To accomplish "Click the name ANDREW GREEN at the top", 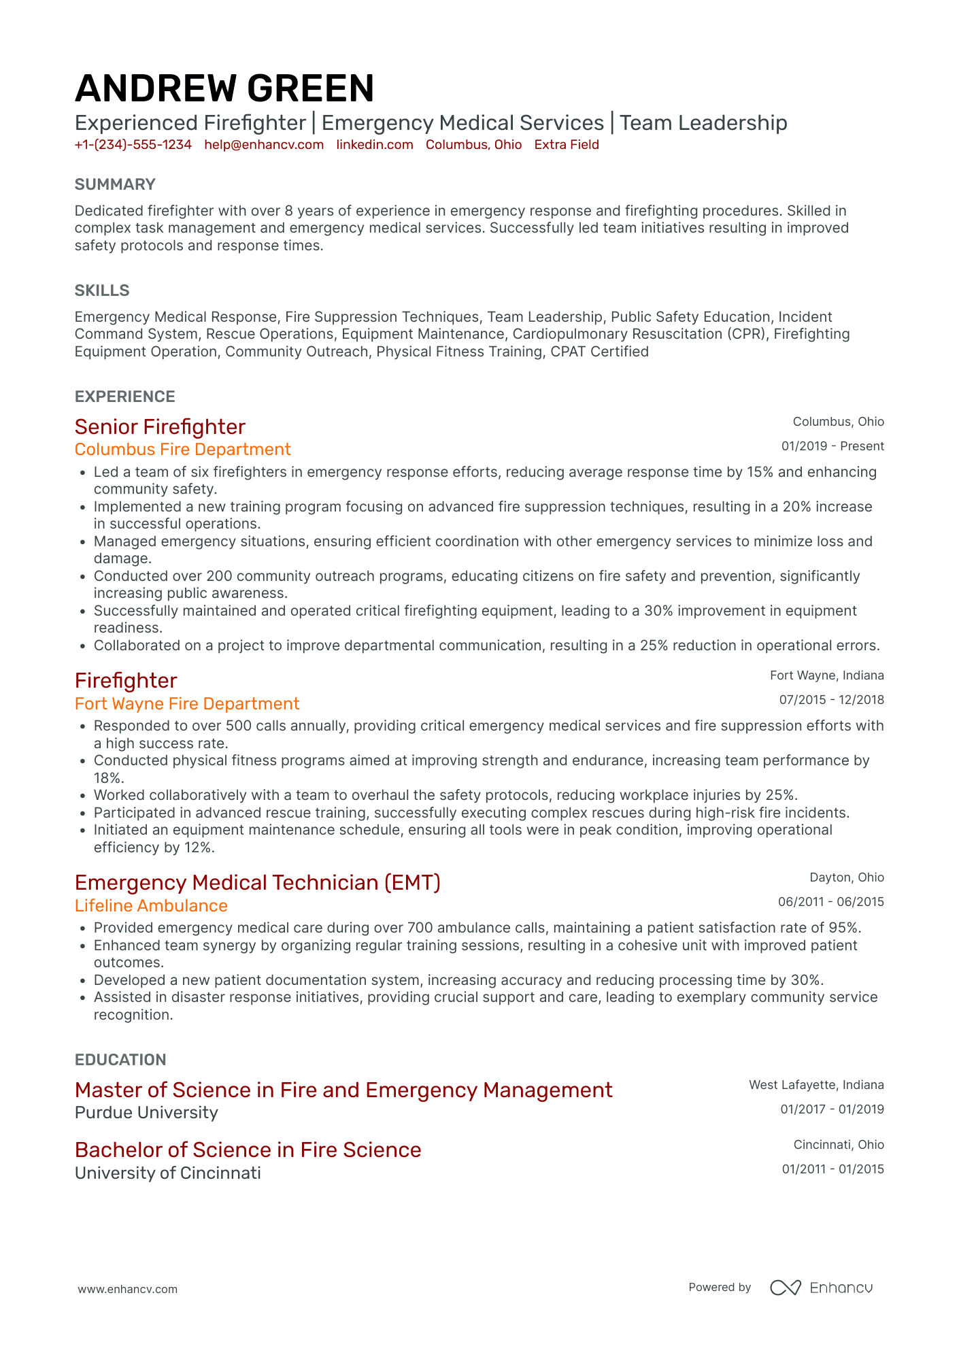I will (x=224, y=88).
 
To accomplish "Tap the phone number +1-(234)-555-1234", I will (x=133, y=144).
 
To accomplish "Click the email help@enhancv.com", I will (x=264, y=144).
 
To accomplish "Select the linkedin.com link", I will (x=375, y=144).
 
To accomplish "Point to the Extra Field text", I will (x=567, y=144).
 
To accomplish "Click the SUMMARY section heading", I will (x=115, y=184).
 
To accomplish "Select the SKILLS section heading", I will (x=102, y=290).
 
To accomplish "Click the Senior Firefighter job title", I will (x=160, y=426).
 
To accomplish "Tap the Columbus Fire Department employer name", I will (x=182, y=450).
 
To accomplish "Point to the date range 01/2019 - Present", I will (x=832, y=446).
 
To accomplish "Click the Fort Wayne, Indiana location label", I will (x=826, y=675).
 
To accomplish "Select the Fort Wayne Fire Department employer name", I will (x=187, y=703).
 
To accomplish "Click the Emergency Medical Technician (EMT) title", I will (x=258, y=882).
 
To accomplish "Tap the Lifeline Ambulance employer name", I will (x=151, y=905).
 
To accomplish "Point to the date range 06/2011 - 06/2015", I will (x=831, y=902).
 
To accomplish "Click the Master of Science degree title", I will (x=343, y=1090).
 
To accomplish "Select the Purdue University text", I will (x=146, y=1113).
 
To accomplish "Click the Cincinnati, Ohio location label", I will (x=839, y=1145).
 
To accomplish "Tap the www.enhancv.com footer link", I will (x=128, y=1289).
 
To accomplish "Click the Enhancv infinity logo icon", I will (x=785, y=1288).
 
